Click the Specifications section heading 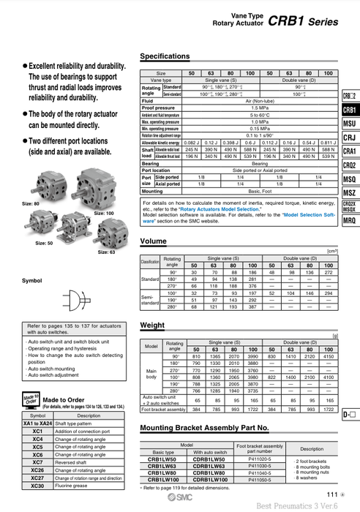coord(165,56)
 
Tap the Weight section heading coord(152,324)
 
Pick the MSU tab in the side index coord(349,124)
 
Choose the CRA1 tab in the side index coord(349,151)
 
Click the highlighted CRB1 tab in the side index coord(349,110)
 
